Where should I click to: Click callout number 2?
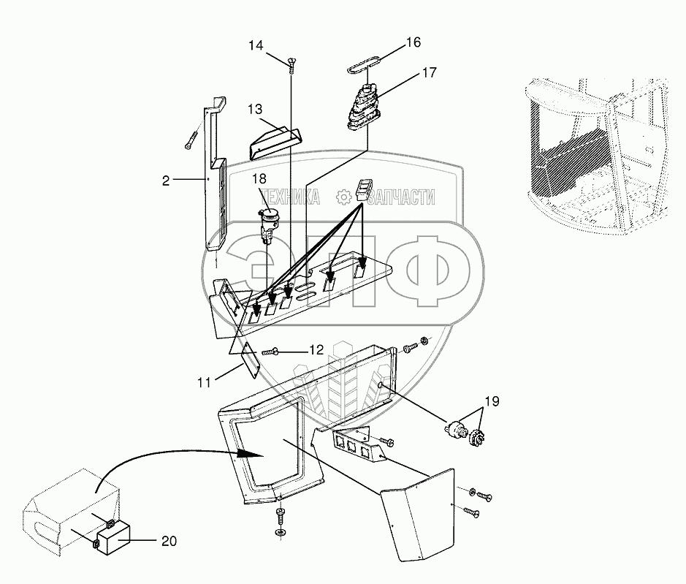(166, 181)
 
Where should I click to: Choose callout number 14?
(255, 45)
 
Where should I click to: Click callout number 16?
(413, 42)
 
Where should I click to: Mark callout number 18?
(260, 179)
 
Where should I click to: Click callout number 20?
(169, 542)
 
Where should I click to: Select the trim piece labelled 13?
(275, 140)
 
